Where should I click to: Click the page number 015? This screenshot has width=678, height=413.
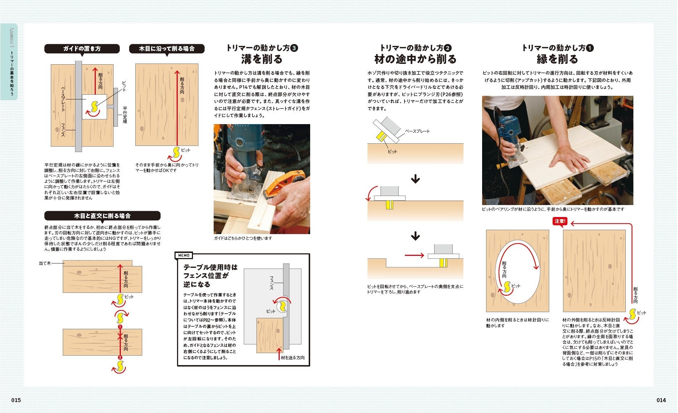click(16, 400)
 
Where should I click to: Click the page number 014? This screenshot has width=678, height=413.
click(661, 400)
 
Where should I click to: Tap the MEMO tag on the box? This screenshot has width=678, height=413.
click(184, 255)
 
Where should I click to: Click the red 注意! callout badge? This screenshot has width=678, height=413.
click(560, 221)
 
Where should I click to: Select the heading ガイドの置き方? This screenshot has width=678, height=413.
click(82, 49)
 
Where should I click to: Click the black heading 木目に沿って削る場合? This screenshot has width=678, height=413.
click(167, 49)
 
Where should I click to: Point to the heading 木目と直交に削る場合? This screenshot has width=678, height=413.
click(102, 216)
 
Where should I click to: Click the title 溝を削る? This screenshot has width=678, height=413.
click(262, 59)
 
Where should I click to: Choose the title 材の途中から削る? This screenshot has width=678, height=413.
click(415, 59)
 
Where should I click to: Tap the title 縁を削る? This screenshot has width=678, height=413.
click(558, 59)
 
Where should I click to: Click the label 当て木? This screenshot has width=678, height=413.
click(45, 263)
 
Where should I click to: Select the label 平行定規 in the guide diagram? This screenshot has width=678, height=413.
click(125, 115)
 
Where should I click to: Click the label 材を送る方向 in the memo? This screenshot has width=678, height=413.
click(293, 357)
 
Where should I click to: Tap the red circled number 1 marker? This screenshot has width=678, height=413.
click(120, 327)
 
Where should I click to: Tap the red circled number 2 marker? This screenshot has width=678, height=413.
click(120, 358)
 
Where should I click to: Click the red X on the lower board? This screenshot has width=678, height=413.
click(120, 336)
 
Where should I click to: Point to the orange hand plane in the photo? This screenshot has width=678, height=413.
click(281, 189)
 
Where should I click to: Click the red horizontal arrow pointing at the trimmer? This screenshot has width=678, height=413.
click(414, 255)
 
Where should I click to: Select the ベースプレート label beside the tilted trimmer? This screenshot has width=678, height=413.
click(417, 131)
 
